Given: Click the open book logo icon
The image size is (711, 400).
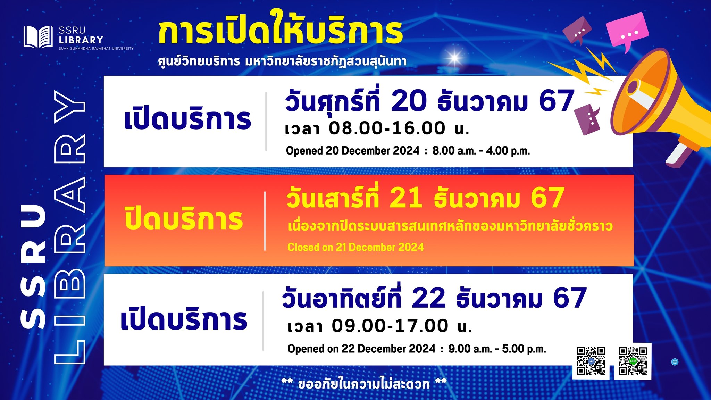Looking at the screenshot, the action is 38,37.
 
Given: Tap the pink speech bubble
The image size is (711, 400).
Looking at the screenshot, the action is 627,32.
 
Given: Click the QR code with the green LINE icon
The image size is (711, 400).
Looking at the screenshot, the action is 633,361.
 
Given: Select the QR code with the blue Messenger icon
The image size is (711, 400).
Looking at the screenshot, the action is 591,361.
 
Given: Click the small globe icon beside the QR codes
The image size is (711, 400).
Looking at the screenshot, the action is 675,362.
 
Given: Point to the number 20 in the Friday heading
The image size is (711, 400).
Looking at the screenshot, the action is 409,101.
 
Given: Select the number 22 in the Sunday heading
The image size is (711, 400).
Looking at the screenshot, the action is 428,298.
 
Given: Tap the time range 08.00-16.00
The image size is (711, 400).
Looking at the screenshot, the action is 387,128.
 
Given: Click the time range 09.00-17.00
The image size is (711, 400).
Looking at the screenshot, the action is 390,326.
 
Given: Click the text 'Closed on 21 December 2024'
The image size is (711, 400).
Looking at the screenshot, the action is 355,247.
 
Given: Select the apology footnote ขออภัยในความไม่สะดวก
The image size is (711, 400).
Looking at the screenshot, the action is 364,384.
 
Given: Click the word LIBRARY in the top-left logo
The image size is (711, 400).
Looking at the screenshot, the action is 81,40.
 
